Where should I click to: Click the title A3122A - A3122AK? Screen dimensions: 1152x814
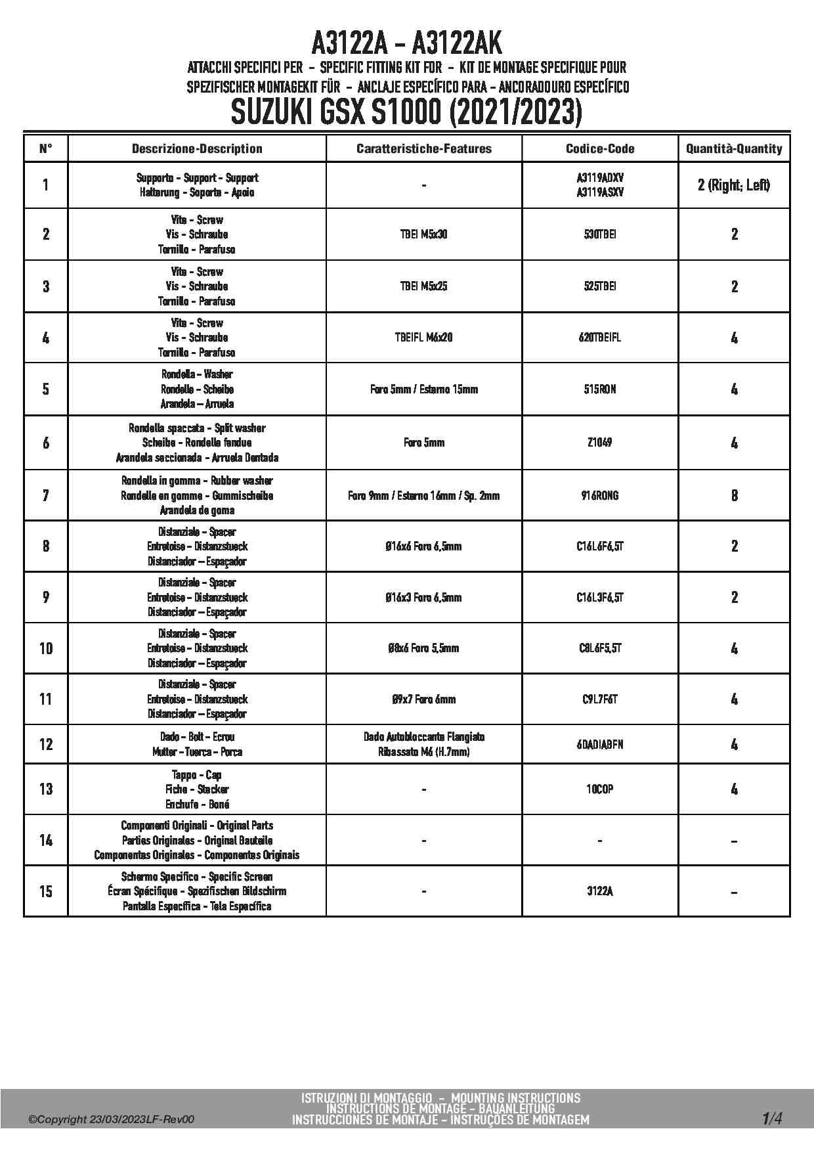click(406, 43)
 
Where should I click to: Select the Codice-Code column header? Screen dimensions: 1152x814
click(600, 148)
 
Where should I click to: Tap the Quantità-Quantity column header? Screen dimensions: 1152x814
click(734, 148)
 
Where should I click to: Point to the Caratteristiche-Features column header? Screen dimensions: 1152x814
click(424, 148)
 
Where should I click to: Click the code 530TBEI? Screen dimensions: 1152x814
click(600, 234)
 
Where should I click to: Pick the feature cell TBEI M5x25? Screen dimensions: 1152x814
click(424, 286)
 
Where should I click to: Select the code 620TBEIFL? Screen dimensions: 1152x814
click(600, 338)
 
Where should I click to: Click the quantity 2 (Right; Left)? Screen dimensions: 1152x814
click(734, 185)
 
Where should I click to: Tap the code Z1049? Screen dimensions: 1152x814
click(600, 443)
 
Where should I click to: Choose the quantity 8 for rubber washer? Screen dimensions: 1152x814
click(734, 495)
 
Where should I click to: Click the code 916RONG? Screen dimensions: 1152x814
click(600, 495)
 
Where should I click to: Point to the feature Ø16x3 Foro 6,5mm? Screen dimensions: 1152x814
click(424, 597)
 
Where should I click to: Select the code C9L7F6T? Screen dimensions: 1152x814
click(600, 699)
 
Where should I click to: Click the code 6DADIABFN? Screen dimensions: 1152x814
click(600, 744)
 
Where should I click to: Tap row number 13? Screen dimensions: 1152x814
click(46, 789)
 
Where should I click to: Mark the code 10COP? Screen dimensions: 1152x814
click(600, 789)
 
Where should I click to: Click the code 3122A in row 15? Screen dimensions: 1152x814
click(600, 891)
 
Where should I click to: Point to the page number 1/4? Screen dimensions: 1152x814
click(772, 1119)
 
